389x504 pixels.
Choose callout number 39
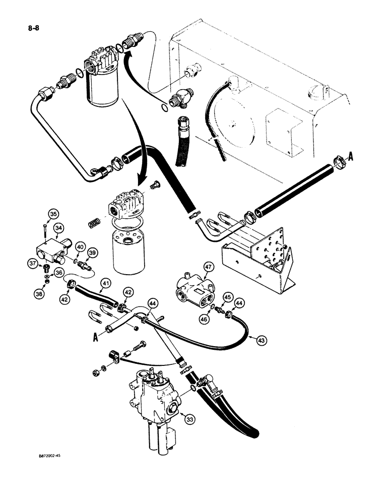coord(92,252)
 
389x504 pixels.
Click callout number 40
coord(80,246)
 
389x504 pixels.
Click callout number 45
coord(229,297)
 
